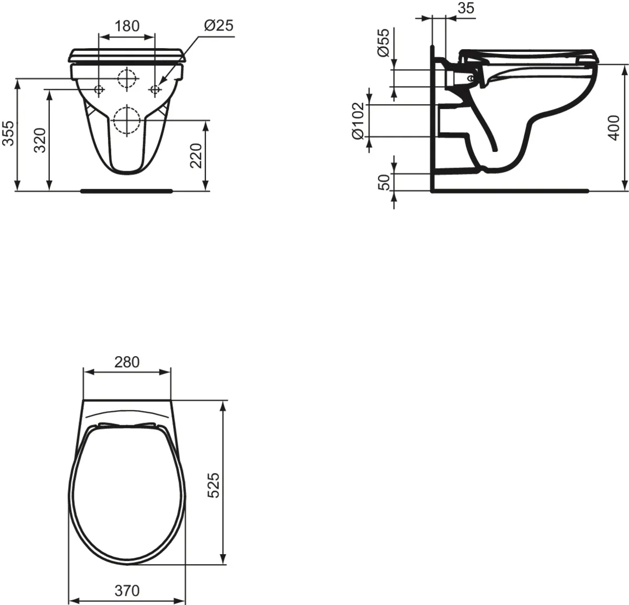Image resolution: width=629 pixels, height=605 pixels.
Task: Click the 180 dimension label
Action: [x=127, y=26]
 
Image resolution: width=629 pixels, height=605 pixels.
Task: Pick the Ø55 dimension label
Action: [x=383, y=43]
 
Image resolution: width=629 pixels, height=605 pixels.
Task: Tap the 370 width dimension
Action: [x=127, y=591]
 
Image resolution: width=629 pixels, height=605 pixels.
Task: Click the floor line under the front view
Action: [x=126, y=191]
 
